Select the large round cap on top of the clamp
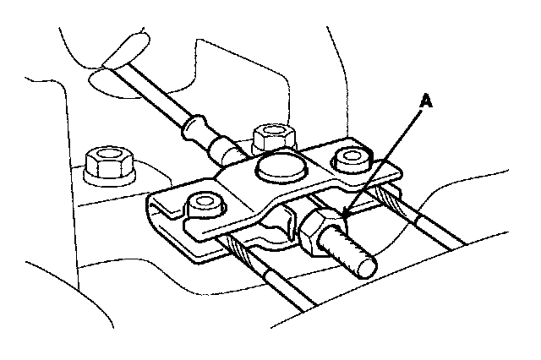pyautogui.click(x=279, y=166)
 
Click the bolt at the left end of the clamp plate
pyautogui.click(x=203, y=205)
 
